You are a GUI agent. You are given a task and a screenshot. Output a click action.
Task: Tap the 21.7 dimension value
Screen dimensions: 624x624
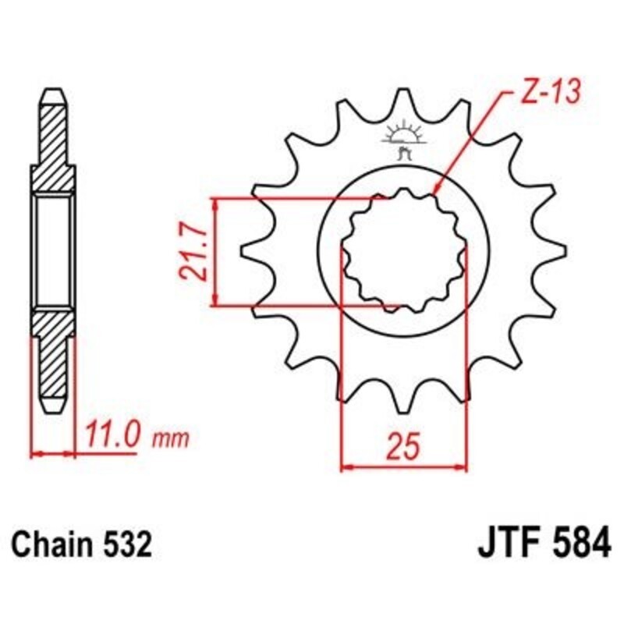192,252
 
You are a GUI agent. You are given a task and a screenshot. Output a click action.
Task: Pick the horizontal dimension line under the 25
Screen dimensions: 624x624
404,468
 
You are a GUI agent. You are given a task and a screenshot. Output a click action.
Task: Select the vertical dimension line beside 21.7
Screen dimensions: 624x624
215,252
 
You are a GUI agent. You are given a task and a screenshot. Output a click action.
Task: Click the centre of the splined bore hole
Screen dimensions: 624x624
404,251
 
